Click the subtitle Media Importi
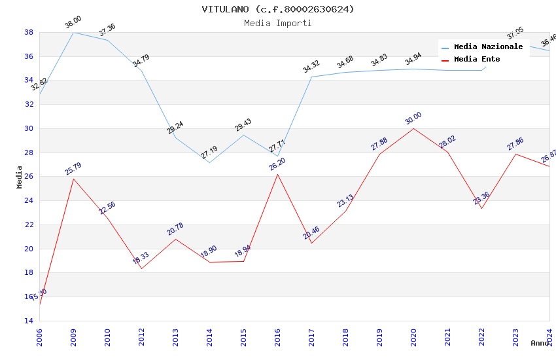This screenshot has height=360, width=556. tap(278, 24)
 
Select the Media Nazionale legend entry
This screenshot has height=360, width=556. tap(488, 47)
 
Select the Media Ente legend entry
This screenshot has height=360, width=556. tap(477, 60)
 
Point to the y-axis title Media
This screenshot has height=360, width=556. tap(20, 177)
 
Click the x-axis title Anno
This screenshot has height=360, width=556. tap(540, 343)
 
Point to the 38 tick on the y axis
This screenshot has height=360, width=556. tap(29, 32)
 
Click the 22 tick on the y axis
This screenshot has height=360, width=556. tap(29, 225)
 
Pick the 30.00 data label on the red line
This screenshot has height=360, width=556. tap(413, 118)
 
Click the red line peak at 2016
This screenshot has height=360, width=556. tap(277, 174)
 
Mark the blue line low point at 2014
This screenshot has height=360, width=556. tap(209, 162)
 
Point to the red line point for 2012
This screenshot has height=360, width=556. tap(141, 268)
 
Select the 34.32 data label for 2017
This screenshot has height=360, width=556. tap(311, 67)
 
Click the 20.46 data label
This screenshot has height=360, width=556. tap(311, 233)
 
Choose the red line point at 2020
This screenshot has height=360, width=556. tap(413, 128)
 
